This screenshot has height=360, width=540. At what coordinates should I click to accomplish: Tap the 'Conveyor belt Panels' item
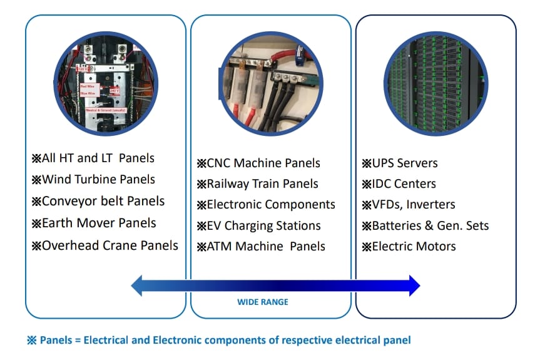(98, 202)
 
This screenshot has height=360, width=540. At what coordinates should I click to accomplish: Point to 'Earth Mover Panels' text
(93, 224)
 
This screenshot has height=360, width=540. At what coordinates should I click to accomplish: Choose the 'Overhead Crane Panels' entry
(104, 245)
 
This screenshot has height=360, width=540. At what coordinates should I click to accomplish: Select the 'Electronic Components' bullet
(266, 205)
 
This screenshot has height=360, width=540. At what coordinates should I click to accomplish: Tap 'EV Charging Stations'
(258, 226)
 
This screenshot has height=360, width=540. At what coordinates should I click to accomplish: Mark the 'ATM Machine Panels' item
(261, 247)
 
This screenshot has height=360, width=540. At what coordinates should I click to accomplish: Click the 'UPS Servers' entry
(400, 163)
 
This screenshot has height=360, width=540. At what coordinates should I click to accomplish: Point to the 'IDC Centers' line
(399, 184)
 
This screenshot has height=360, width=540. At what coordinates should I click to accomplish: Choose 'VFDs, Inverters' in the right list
(409, 205)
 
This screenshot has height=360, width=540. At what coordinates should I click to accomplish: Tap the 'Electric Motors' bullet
(409, 247)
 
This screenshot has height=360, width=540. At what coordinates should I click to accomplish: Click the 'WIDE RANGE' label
(263, 302)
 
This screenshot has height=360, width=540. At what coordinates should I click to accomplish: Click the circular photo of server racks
(436, 80)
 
